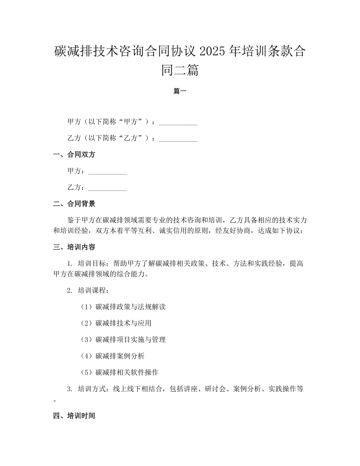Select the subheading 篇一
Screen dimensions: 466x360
(180, 91)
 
